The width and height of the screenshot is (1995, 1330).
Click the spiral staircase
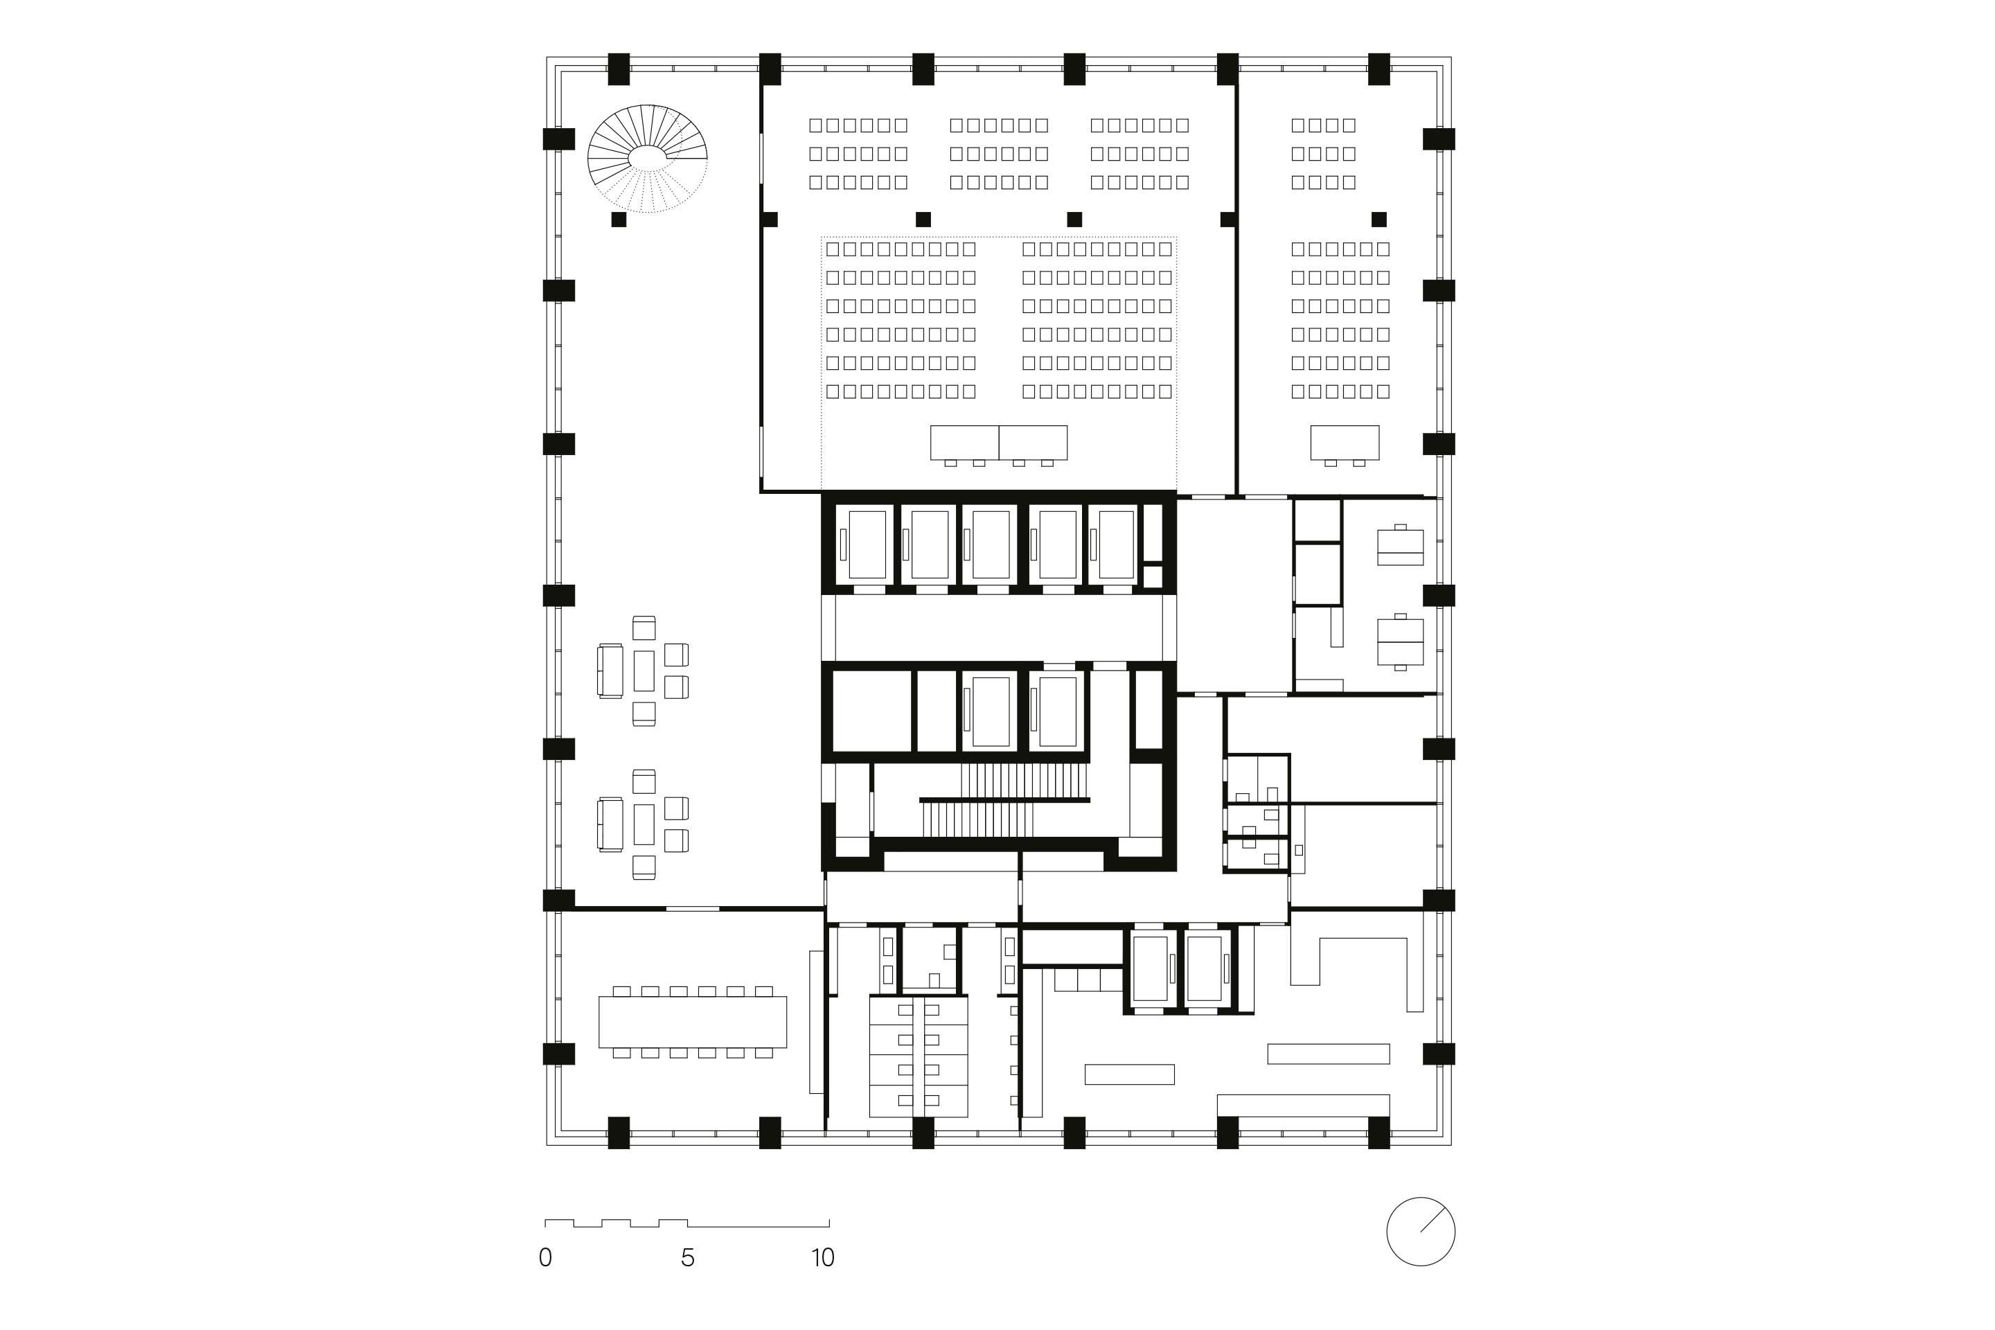click(647, 158)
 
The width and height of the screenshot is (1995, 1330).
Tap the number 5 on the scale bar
click(687, 1257)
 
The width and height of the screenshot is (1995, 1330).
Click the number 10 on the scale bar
click(822, 1257)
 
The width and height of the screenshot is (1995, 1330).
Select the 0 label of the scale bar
click(545, 1257)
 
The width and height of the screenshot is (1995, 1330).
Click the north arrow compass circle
click(1421, 1232)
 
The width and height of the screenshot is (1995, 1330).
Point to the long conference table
click(692, 1022)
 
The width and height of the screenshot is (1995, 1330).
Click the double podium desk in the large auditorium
click(998, 443)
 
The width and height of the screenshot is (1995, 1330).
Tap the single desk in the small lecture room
click(1345, 443)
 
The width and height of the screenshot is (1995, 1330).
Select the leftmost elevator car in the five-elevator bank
click(867, 544)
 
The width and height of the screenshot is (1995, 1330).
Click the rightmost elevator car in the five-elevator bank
click(1116, 544)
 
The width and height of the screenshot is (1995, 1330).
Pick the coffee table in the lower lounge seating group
click(644, 824)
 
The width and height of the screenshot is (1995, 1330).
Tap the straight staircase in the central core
click(1005, 800)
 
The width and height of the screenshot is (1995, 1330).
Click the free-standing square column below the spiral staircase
click(619, 220)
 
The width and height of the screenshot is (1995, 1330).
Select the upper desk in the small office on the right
click(1399, 547)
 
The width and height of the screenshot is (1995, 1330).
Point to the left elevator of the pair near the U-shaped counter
click(1150, 968)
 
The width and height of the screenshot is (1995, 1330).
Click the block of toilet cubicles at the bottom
click(918, 1057)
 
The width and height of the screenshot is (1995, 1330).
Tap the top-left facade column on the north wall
click(619, 69)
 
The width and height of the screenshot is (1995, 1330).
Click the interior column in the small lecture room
click(1378, 220)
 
